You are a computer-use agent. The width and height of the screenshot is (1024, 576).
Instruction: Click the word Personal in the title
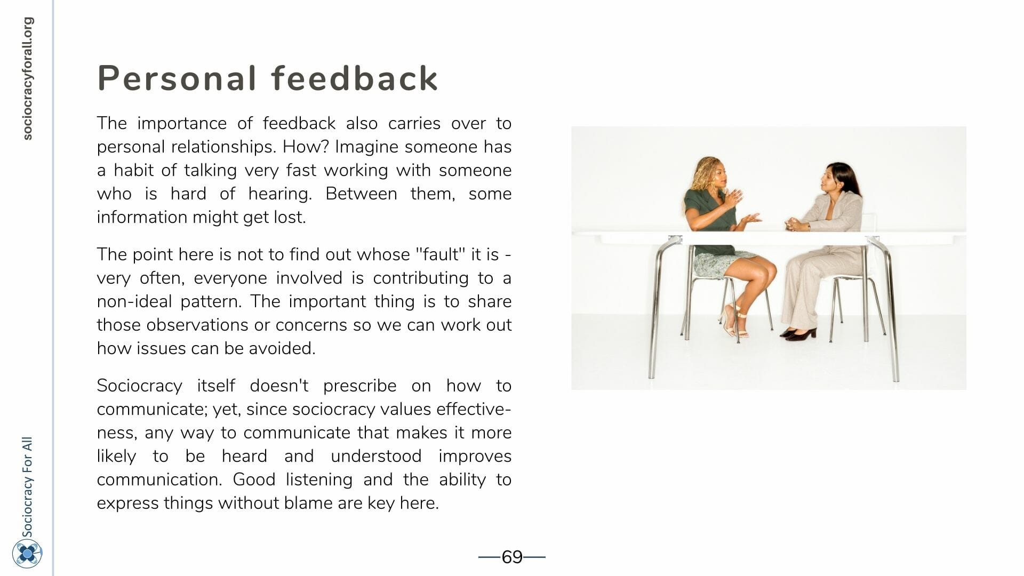click(177, 78)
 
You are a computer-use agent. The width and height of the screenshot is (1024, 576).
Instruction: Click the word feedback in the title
click(355, 78)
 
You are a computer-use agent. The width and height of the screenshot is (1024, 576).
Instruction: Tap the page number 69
click(512, 557)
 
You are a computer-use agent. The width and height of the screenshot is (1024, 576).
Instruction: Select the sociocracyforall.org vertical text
click(28, 78)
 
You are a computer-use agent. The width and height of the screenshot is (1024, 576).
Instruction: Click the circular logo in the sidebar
click(27, 553)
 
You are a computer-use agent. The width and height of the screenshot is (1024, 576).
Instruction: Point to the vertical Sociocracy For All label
click(27, 487)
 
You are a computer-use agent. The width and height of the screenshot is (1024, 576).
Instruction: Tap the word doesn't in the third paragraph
click(279, 386)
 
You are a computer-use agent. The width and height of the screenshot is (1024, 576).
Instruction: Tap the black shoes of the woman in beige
click(798, 334)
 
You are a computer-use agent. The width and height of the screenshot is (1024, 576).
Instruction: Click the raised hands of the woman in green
click(739, 207)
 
